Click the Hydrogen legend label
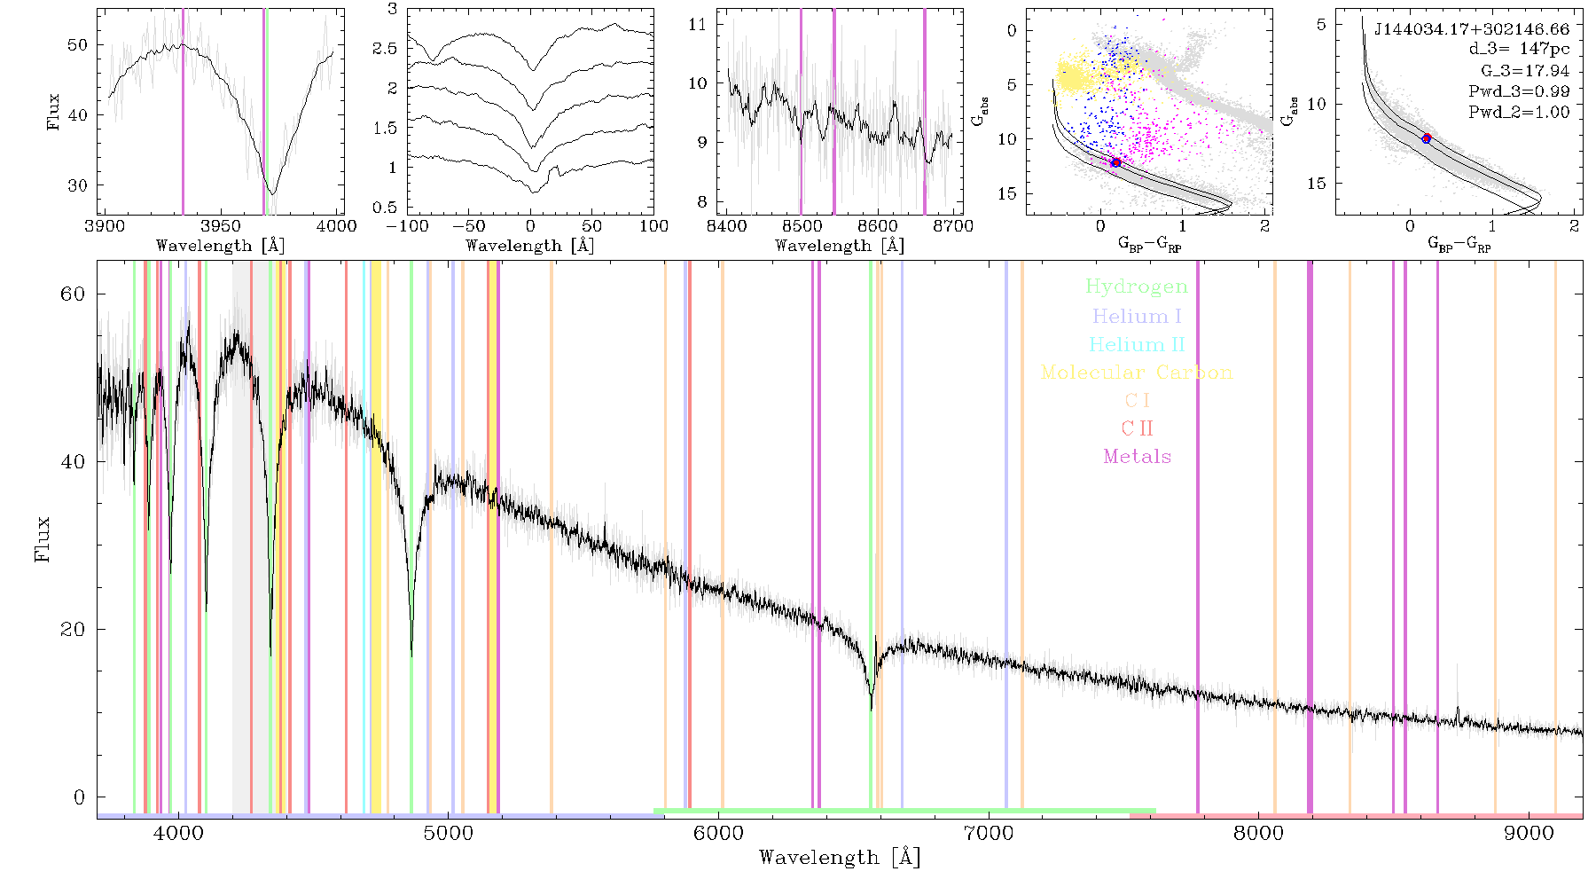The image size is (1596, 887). [1137, 287]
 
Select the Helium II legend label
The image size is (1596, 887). [1137, 344]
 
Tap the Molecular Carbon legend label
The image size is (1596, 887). [1137, 373]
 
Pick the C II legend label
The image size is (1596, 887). [1137, 428]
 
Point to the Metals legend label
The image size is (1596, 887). [1138, 457]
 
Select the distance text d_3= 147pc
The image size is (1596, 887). [1519, 50]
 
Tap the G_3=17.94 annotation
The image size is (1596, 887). [1525, 71]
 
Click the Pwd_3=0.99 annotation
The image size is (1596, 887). [1519, 91]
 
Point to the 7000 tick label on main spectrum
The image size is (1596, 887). [989, 833]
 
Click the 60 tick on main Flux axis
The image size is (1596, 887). [73, 294]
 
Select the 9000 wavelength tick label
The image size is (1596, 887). [1529, 833]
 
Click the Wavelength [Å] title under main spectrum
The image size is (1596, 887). [840, 858]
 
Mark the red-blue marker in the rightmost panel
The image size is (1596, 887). [1427, 138]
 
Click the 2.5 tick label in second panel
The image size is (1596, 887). [385, 49]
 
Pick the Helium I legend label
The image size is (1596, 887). [1137, 316]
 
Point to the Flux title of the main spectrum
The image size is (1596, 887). [42, 538]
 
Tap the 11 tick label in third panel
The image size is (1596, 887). [698, 24]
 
